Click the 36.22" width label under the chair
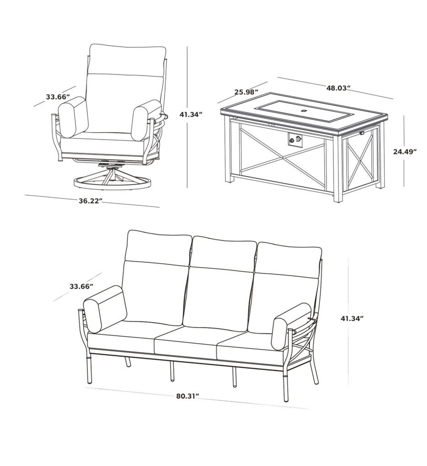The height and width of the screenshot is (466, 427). pyautogui.click(x=91, y=201)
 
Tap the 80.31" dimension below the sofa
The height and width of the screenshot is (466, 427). pyautogui.click(x=187, y=396)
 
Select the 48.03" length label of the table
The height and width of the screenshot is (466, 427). pyautogui.click(x=338, y=88)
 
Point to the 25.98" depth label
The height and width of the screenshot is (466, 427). pyautogui.click(x=246, y=92)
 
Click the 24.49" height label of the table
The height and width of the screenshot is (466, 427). pyautogui.click(x=405, y=152)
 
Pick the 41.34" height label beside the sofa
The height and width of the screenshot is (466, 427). pyautogui.click(x=352, y=318)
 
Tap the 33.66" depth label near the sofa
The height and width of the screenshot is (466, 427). pyautogui.click(x=81, y=286)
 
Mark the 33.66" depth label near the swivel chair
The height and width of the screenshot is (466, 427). pyautogui.click(x=58, y=96)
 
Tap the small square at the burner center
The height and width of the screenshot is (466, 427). pyautogui.click(x=304, y=111)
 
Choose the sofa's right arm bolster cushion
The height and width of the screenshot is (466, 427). pyautogui.click(x=291, y=326)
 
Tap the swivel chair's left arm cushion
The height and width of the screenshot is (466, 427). pyautogui.click(x=73, y=117)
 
